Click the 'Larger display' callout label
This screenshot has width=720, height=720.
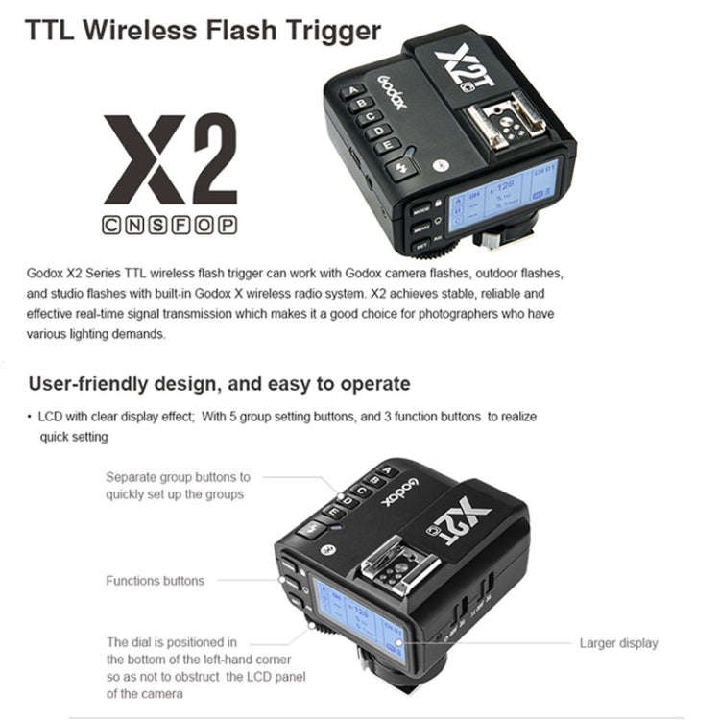tap(618, 643)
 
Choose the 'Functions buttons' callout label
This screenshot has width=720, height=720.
tap(155, 581)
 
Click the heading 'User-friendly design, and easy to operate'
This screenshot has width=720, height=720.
tap(219, 384)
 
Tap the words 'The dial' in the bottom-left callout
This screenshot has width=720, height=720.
tap(132, 641)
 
